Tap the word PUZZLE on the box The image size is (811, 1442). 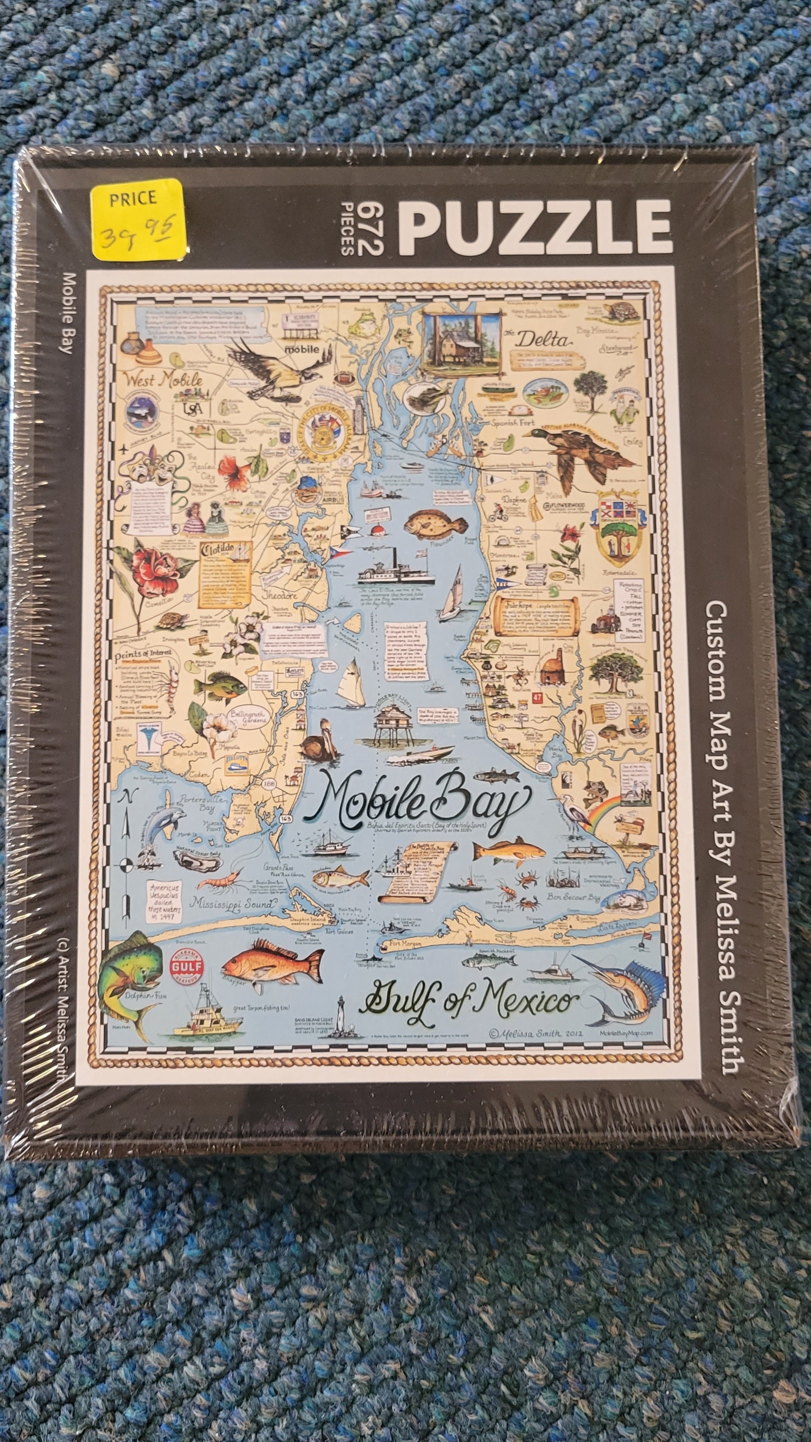534,228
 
